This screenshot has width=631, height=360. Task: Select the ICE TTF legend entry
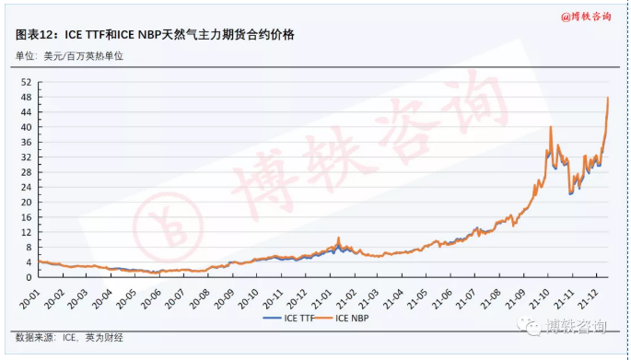(x=288, y=319)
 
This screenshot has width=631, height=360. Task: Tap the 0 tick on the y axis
(x=30, y=276)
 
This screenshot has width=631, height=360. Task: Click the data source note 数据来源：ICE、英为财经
(x=70, y=338)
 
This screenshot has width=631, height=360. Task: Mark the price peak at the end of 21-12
(x=608, y=98)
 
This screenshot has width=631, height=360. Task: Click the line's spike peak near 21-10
(x=550, y=127)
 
